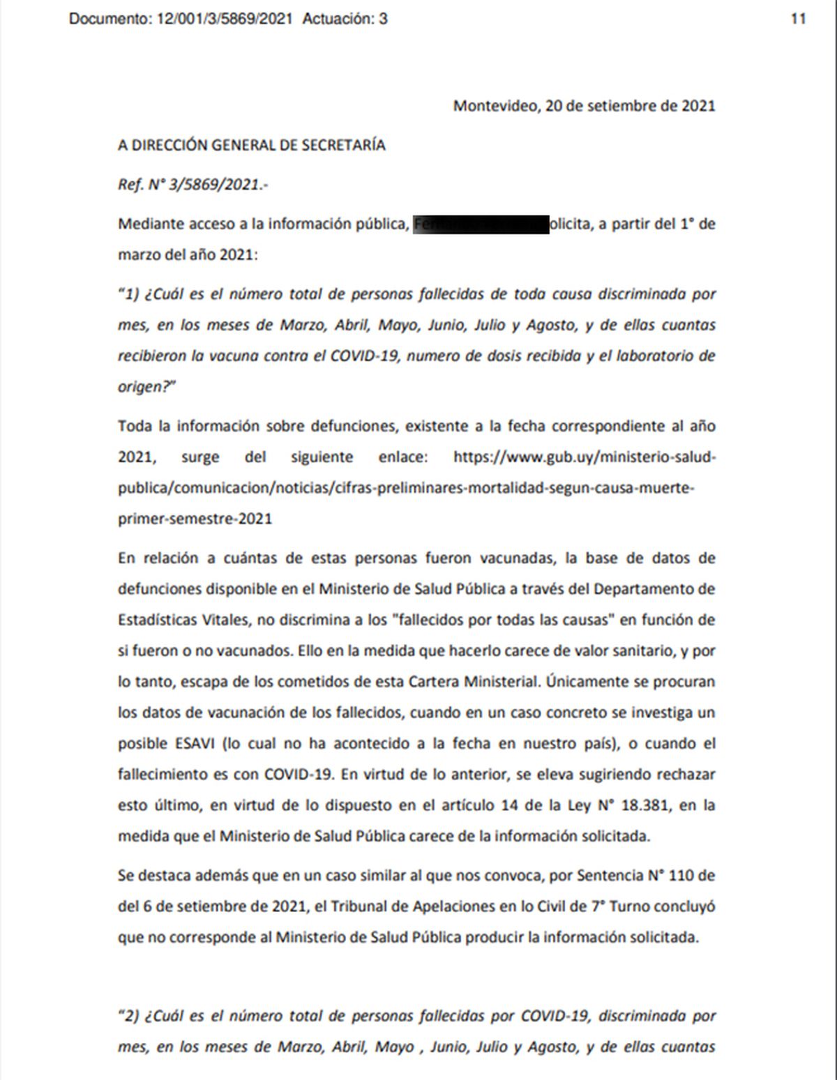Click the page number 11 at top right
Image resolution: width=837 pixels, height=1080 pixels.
[798, 19]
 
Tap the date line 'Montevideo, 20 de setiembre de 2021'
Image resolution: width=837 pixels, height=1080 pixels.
[584, 106]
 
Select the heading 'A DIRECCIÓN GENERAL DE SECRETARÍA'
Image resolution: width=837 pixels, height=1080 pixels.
[251, 145]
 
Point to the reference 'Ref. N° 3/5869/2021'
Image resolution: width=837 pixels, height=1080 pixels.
[192, 185]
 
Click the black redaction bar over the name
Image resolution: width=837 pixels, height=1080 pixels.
[481, 225]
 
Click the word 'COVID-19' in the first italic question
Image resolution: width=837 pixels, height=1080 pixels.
[365, 356]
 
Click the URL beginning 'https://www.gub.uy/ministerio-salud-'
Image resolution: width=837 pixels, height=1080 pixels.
[584, 457]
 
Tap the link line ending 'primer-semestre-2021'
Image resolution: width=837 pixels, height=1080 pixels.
[195, 519]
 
